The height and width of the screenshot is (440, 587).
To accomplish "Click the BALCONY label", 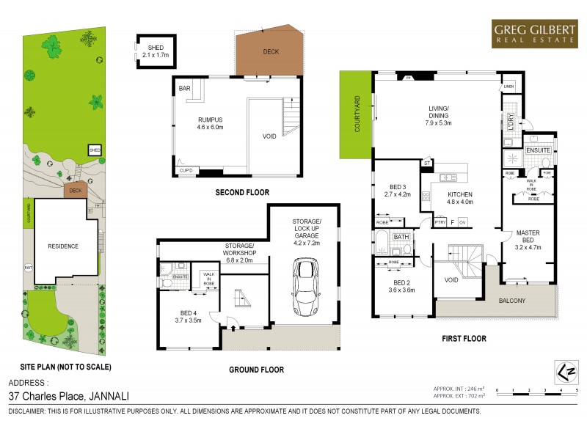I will [x=512, y=301].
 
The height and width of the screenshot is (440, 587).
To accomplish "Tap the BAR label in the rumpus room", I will [x=184, y=89].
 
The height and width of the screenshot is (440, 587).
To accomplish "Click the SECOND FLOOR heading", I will [x=241, y=193].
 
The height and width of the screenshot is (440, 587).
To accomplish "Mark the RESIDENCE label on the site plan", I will [x=62, y=246].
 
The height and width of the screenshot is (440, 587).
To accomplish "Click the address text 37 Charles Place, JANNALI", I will [x=68, y=395].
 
